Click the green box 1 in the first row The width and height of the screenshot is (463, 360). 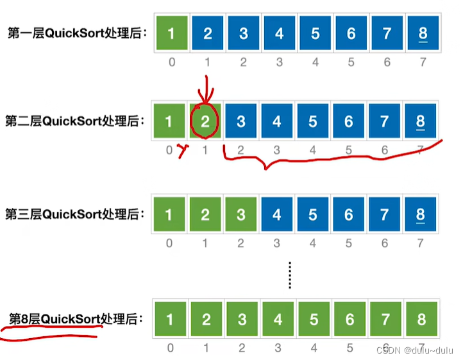point(170,33)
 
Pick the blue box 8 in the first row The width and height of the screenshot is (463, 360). point(421,33)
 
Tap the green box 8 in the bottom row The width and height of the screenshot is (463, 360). point(421,319)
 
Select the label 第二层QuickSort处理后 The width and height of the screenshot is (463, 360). point(75,121)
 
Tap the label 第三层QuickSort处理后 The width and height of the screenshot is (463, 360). point(75,213)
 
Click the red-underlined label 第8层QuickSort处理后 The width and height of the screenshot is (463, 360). point(75,319)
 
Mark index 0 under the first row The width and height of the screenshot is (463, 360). point(170,63)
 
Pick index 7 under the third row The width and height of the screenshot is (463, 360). point(421,243)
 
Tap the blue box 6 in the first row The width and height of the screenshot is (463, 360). point(351,33)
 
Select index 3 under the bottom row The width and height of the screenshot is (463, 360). point(277,348)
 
